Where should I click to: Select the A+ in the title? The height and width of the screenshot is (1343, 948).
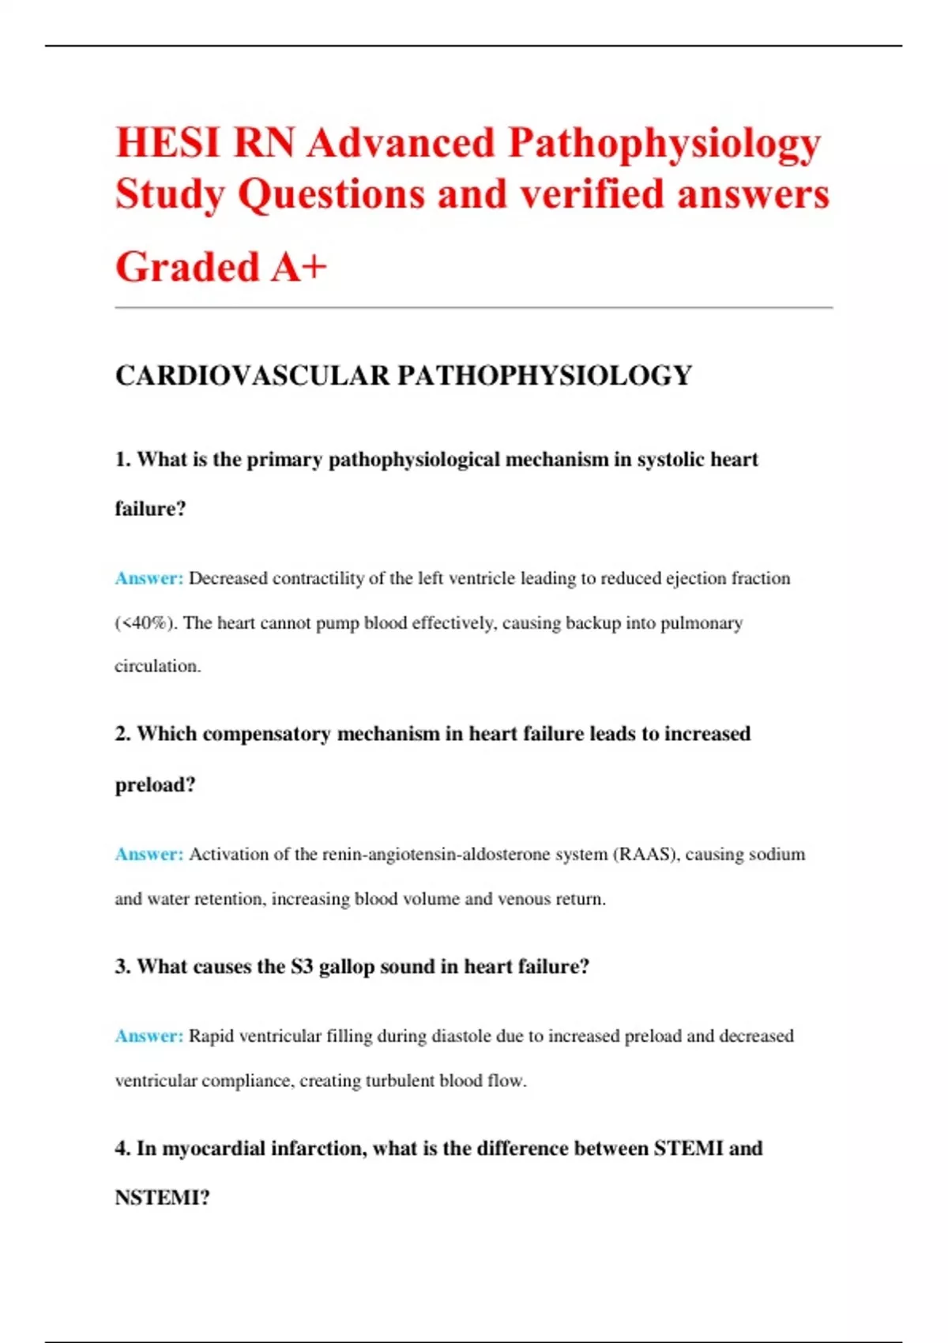point(299,266)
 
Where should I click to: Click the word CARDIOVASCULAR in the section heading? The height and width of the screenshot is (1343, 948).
point(252,375)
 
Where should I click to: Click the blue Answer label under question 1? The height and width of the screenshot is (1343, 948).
point(149,578)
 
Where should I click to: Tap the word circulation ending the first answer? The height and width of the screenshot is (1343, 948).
point(157,666)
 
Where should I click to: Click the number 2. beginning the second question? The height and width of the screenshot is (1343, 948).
point(122,734)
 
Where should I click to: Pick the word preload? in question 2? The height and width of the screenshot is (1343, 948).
point(155,784)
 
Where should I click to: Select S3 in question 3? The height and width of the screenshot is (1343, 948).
point(302,967)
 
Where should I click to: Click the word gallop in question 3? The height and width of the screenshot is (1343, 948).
point(346,967)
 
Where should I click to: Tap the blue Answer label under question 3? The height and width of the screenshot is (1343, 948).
point(149,1036)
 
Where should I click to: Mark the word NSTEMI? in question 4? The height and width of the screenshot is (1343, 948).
point(162,1198)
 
